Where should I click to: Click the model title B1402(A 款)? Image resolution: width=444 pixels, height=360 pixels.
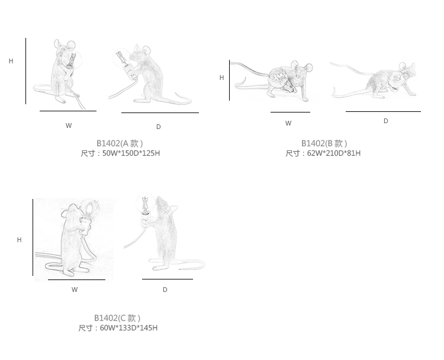(120, 143)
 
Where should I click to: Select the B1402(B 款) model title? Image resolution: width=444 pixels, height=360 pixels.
(324, 143)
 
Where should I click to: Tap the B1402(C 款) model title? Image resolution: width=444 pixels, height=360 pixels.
(117, 318)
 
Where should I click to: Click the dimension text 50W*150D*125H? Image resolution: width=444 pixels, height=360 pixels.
(131, 153)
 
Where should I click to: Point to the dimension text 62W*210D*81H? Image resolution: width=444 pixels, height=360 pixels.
(334, 153)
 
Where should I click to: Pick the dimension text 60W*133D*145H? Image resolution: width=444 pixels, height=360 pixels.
(129, 328)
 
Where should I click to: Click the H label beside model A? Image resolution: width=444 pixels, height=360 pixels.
(11, 61)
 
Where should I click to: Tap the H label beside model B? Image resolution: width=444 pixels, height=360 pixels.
(222, 78)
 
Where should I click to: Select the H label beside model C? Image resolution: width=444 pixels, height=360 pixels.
(20, 240)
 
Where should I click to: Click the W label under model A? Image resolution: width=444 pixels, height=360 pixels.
(69, 126)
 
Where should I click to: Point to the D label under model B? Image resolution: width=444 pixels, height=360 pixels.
(385, 121)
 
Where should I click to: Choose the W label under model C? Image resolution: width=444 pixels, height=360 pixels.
(75, 290)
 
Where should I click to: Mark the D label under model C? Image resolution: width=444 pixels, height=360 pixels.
(165, 290)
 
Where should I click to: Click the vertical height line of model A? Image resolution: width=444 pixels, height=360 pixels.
(26, 71)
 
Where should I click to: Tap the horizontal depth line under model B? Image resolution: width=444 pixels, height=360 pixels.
(383, 111)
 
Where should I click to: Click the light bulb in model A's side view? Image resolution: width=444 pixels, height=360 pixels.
(121, 58)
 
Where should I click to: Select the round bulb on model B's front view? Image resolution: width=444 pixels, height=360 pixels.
(277, 76)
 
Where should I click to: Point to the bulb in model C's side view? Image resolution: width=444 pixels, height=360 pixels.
(146, 203)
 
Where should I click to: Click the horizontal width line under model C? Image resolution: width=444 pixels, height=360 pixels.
(77, 279)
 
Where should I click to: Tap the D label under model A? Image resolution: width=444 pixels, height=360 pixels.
(159, 127)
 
